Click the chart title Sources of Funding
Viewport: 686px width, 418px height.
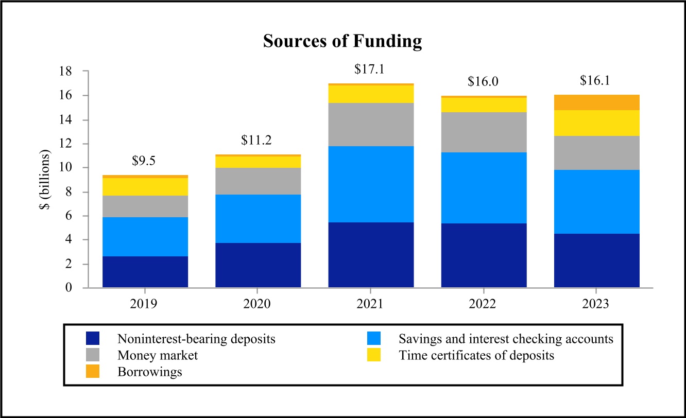coord(342,41)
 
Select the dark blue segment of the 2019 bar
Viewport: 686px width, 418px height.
coord(145,272)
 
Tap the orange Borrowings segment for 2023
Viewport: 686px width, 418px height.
coord(597,102)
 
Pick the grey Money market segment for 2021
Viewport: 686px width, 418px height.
coord(371,125)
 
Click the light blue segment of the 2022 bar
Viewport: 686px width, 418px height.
coord(484,188)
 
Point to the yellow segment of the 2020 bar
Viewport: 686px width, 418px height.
coord(258,162)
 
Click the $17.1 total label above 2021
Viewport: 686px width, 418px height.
coord(370,69)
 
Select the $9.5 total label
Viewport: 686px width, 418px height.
coord(144,161)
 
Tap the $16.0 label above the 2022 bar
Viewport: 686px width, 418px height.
coord(483,81)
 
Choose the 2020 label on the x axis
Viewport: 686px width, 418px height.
coord(258,304)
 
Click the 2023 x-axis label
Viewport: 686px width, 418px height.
coord(596,304)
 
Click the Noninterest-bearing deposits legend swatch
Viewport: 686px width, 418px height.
coord(93,339)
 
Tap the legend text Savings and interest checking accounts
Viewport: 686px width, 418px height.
coord(506,339)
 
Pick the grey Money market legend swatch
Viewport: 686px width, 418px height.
coord(93,355)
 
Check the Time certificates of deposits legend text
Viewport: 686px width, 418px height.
coord(476,356)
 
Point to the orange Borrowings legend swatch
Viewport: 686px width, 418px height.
coord(93,372)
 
